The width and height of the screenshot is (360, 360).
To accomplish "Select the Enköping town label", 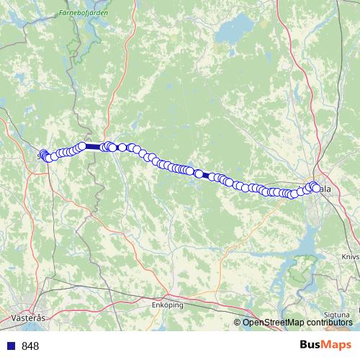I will tap(168, 305).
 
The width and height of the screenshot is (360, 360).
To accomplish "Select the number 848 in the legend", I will tap(30, 346).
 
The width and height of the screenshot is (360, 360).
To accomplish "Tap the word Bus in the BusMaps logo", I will tap(310, 346).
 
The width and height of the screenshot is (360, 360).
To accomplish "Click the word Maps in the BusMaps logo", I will tap(338, 346).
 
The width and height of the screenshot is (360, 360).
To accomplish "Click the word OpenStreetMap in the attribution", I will tap(274, 322).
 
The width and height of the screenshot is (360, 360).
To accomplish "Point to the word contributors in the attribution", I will tap(330, 322).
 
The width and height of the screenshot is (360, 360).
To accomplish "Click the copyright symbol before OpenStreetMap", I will tap(238, 322).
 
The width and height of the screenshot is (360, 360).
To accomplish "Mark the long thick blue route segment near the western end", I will tap(94, 146).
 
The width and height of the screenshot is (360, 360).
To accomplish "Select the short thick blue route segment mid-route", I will tap(205, 175).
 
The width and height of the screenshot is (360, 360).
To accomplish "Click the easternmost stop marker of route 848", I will tap(316, 189).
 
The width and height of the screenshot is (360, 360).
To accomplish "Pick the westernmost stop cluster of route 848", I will tap(44, 155).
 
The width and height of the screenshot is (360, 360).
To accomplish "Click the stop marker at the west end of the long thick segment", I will tap(82, 146).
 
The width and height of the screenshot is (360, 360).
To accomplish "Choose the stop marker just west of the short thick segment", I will tap(199, 174).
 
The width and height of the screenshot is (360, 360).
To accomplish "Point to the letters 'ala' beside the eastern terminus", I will tap(326, 189).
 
